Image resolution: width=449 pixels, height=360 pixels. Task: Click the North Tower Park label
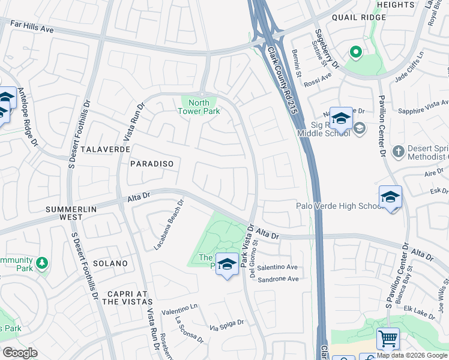coord(199,107)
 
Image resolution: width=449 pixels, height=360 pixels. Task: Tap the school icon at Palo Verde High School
coord(390,197)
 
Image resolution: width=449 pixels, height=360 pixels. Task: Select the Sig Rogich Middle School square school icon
coord(341,118)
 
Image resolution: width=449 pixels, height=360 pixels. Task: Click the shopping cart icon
coord(388,339)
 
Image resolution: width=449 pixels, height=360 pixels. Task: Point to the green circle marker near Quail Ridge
coord(355,53)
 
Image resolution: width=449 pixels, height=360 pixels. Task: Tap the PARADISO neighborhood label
coord(151,163)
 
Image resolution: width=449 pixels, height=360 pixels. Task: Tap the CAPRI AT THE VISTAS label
coord(127,298)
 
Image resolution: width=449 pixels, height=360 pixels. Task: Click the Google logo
coord(20,353)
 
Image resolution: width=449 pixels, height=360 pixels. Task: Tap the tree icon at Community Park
coord(41,263)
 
